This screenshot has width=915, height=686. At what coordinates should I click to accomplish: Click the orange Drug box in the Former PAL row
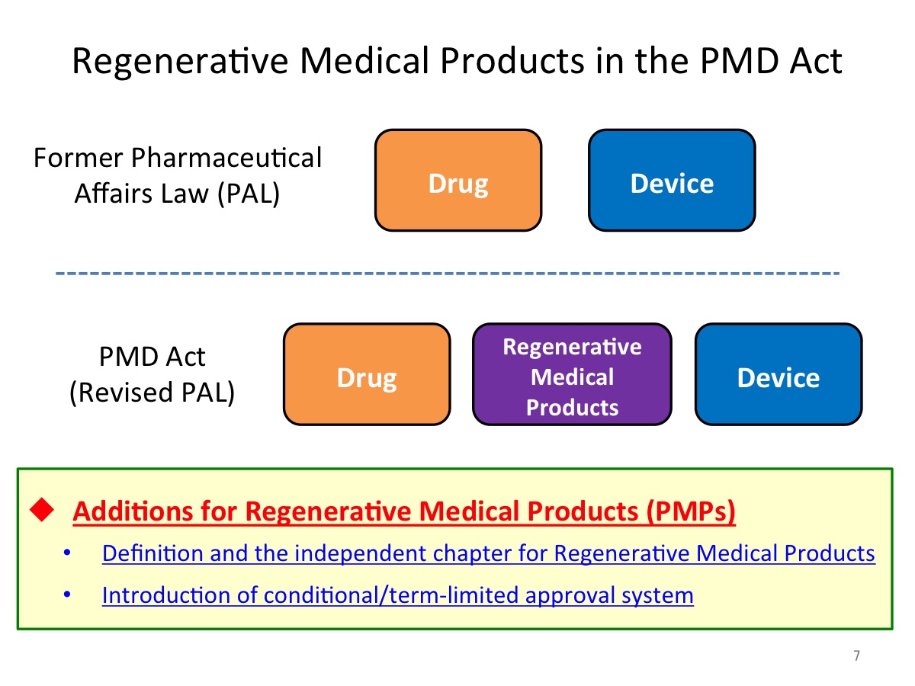[x=457, y=180]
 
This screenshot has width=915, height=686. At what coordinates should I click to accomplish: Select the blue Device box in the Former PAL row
[x=672, y=180]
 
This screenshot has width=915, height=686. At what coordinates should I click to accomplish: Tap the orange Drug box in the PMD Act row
[x=367, y=374]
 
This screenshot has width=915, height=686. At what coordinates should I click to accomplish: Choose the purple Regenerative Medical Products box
[x=572, y=374]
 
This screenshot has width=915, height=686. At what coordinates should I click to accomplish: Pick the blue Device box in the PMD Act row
[x=779, y=374]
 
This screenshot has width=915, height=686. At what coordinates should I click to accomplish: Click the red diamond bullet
[x=42, y=509]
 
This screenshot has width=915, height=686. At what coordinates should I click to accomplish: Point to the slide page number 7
[x=856, y=656]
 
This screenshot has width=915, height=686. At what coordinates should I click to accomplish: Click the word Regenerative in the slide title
[x=180, y=62]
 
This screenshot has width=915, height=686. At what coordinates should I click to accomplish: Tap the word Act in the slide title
[x=815, y=61]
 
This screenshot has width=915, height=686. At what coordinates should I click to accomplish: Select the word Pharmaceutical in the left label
[x=226, y=158]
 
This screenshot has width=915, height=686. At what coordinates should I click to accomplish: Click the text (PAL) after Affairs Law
[x=249, y=194]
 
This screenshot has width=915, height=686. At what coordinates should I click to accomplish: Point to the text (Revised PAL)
[x=152, y=393]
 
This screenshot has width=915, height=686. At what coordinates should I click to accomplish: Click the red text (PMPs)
[x=691, y=511]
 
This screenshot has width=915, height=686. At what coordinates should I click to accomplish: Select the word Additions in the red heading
[x=134, y=511]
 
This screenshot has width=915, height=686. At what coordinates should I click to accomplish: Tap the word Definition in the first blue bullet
[x=152, y=553]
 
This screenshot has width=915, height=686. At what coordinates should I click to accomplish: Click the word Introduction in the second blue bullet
[x=165, y=595]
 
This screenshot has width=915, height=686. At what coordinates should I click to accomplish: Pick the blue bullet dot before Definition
[x=66, y=553]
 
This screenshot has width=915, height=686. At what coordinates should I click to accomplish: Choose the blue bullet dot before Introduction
[x=66, y=595]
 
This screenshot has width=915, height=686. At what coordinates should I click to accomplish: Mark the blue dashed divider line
[x=448, y=273]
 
